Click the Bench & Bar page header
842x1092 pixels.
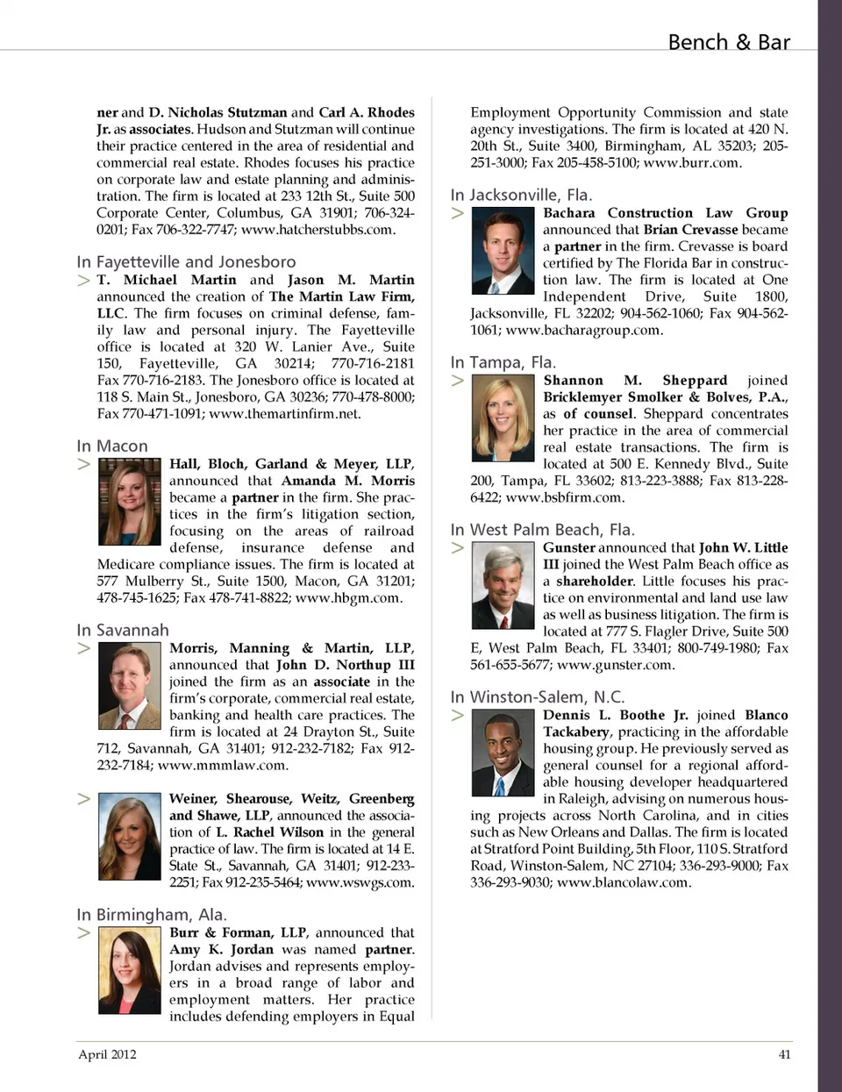pyautogui.click(x=728, y=42)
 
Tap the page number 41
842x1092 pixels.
pyautogui.click(x=784, y=1054)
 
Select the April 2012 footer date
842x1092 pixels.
pyautogui.click(x=107, y=1054)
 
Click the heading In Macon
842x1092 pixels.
pyautogui.click(x=112, y=446)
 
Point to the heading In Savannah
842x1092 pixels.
pyautogui.click(x=123, y=631)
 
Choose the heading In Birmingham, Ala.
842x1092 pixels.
pyautogui.click(x=152, y=915)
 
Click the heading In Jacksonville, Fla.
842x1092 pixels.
pyautogui.click(x=521, y=195)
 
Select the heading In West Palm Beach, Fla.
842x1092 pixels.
pyautogui.click(x=542, y=530)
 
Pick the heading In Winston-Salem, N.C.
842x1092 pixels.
pyautogui.click(x=537, y=697)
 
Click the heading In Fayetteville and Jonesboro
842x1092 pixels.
pyautogui.click(x=186, y=262)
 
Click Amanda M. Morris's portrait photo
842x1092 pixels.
pyautogui.click(x=129, y=502)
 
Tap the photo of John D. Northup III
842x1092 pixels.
pyautogui.click(x=129, y=686)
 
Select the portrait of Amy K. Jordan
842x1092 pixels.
pyautogui.click(x=129, y=971)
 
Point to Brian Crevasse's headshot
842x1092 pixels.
pyautogui.click(x=503, y=251)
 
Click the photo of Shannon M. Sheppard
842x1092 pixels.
pyautogui.click(x=503, y=418)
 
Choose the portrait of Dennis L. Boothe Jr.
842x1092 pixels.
pyautogui.click(x=503, y=753)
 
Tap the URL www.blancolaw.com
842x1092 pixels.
pyautogui.click(x=624, y=882)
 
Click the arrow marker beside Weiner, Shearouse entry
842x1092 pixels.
pyautogui.click(x=84, y=799)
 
